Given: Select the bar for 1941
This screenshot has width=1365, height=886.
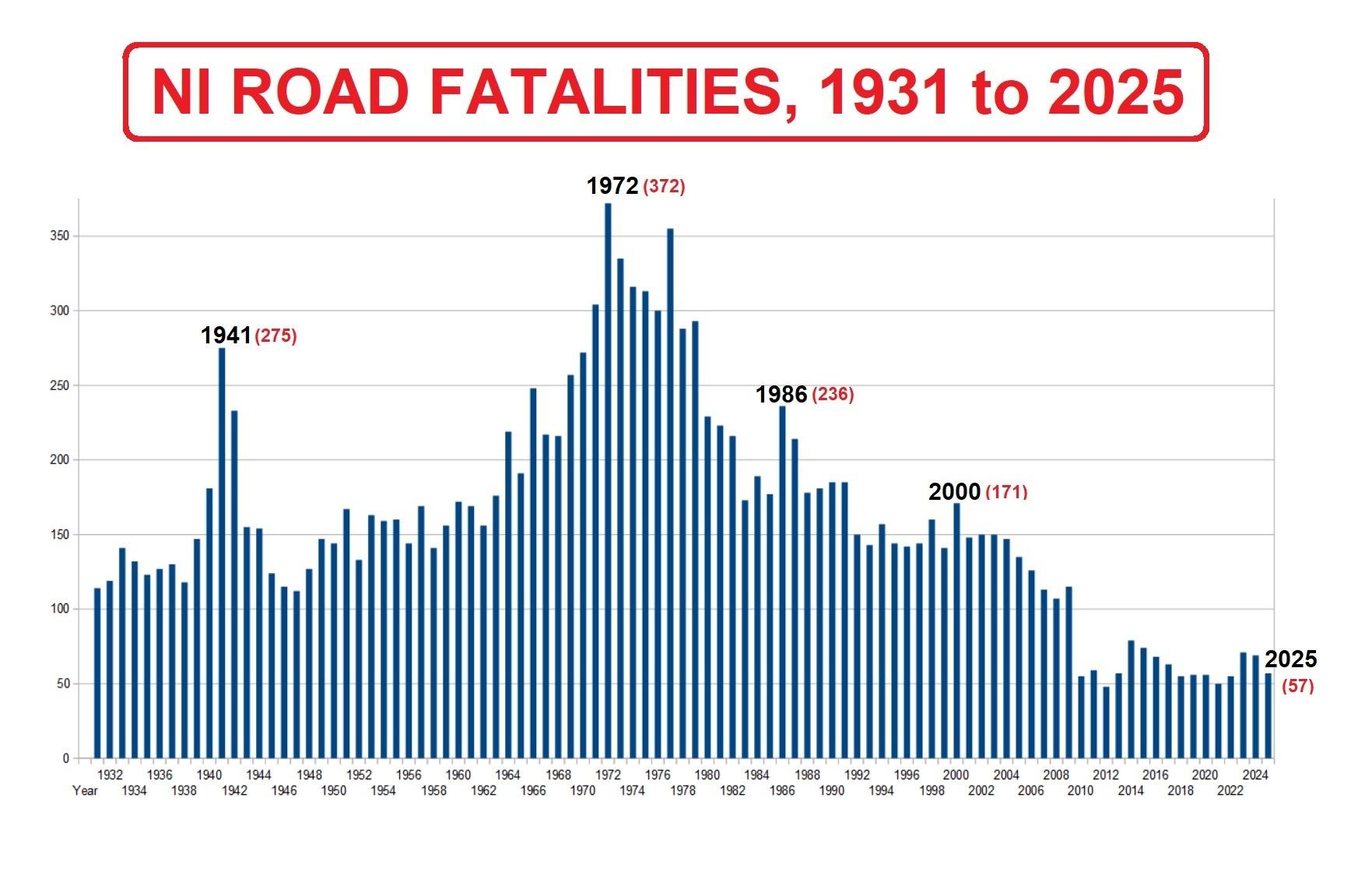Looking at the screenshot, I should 222,553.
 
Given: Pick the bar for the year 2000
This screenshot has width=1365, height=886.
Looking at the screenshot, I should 956,631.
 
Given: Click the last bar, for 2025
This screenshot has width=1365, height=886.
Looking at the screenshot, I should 1268,716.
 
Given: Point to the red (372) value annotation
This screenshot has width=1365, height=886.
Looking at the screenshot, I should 664,187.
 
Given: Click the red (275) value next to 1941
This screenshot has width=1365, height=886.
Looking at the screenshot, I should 276,336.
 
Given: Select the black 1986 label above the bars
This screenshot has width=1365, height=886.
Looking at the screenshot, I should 781,395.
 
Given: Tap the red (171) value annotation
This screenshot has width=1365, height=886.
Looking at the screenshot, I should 1006,492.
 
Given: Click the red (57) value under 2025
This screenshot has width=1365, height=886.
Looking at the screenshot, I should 1297,686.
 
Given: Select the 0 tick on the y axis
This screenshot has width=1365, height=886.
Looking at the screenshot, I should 66,758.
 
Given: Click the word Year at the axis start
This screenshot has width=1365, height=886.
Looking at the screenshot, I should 85,791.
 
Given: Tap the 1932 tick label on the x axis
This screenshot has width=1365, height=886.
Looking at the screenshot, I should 110,775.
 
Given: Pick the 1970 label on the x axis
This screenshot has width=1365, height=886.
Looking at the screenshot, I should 583,791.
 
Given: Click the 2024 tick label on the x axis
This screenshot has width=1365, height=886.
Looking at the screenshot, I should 1254,775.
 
